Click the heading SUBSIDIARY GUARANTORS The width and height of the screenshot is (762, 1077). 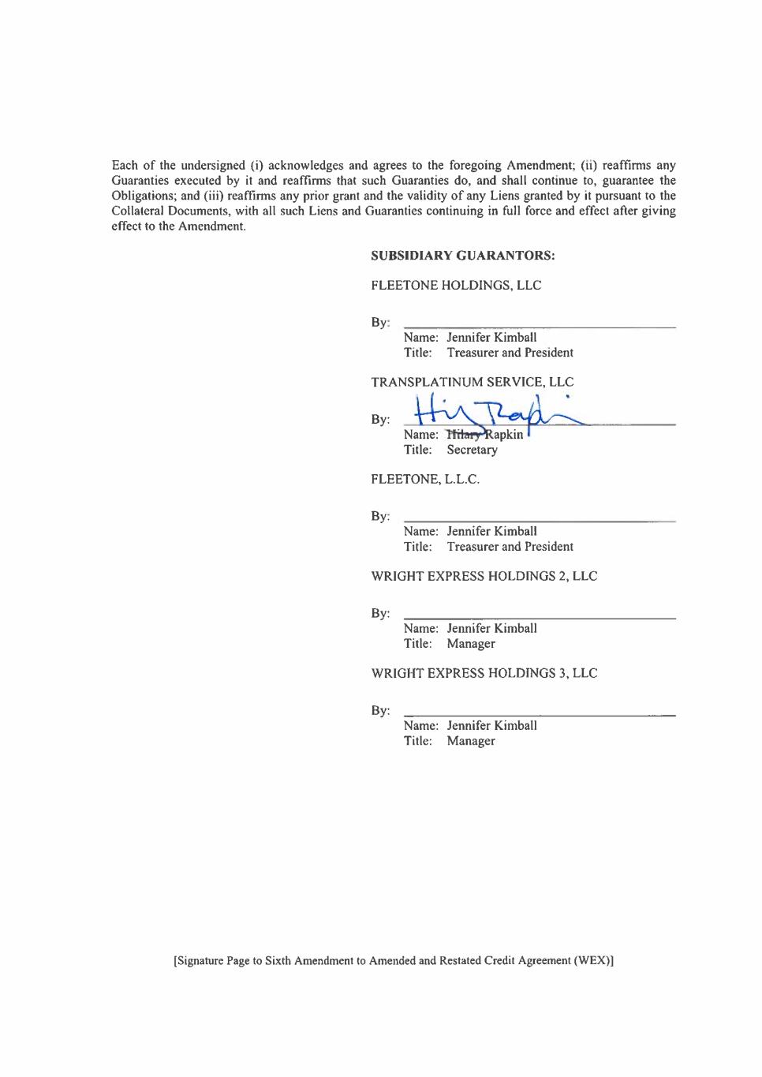tap(462, 256)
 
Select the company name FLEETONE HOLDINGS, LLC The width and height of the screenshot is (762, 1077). tap(456, 286)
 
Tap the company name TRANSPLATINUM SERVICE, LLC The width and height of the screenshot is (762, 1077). tap(472, 382)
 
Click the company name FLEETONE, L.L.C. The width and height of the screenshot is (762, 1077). tap(424, 479)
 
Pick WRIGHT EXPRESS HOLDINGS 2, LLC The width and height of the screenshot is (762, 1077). tap(484, 576)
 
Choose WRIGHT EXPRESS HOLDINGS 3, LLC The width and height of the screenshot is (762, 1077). tap(484, 673)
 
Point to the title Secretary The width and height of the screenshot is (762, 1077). tap(472, 450)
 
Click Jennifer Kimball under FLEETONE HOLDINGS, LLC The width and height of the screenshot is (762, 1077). tap(491, 338)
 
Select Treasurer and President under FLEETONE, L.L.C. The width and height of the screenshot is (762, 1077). tap(510, 547)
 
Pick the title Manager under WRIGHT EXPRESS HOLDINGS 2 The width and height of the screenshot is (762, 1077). tap(471, 644)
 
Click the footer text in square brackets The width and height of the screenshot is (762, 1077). tap(394, 961)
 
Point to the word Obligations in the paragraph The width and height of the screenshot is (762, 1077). tap(143, 196)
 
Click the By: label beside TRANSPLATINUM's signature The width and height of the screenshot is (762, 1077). tap(380, 419)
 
